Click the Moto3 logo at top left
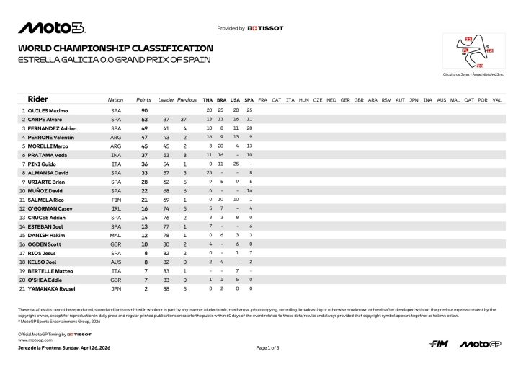(52, 28)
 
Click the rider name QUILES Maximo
(53, 110)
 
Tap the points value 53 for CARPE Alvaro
(143, 119)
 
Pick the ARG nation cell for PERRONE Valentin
(116, 137)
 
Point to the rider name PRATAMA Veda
(51, 155)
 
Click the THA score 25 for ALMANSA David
(209, 173)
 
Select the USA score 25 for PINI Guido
(236, 164)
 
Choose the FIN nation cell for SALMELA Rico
(116, 199)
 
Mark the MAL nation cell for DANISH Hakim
(116, 235)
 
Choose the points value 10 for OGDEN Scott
(143, 244)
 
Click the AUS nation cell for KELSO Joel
(116, 262)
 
